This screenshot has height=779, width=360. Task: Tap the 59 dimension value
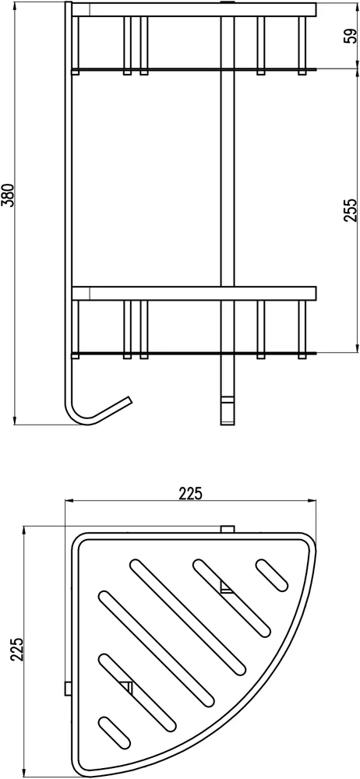click(351, 36)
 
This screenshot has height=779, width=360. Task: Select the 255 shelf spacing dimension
click(350, 210)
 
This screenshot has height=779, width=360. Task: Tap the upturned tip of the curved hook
click(129, 400)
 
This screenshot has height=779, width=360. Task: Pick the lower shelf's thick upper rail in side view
click(194, 293)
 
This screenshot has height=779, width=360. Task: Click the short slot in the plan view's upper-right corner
click(271, 575)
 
